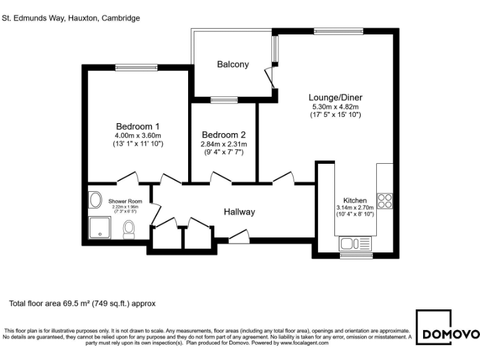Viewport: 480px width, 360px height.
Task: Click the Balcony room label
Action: click(232, 64)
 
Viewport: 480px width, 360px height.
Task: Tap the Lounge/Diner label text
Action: click(335, 97)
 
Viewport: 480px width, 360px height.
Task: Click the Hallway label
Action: click(239, 212)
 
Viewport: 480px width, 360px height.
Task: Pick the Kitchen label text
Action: click(354, 200)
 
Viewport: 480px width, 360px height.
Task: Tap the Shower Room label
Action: click(125, 201)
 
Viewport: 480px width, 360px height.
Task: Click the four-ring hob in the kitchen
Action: click(384, 201)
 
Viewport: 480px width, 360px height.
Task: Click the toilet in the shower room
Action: click(129, 230)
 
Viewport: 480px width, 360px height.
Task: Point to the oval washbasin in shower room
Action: click(96, 200)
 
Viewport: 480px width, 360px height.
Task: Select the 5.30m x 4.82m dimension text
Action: click(335, 106)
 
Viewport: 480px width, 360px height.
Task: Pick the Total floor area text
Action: click(82, 304)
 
